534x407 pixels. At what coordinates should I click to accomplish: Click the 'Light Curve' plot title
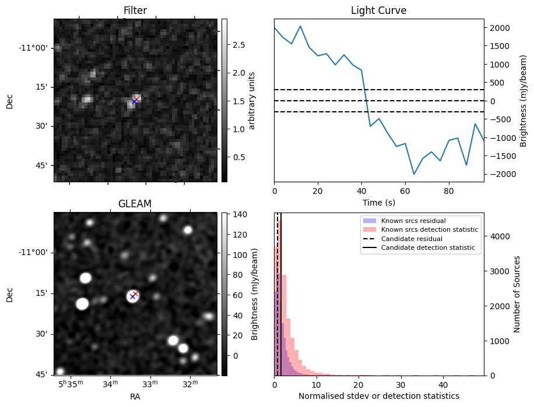point(378,10)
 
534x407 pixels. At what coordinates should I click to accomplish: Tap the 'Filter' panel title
point(135,10)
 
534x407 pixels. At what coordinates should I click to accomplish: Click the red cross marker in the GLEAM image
point(135,293)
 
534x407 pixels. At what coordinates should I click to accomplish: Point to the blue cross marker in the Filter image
point(134,101)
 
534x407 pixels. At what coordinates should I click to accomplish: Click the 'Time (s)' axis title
point(378,201)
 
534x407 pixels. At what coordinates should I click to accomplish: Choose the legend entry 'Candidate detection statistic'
point(427,248)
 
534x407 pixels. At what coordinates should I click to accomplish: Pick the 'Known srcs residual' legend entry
point(412,221)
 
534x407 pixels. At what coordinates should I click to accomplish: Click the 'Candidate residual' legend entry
point(412,239)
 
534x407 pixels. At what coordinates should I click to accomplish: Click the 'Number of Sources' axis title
point(518,294)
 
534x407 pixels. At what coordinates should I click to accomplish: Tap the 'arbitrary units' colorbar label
point(252,100)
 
